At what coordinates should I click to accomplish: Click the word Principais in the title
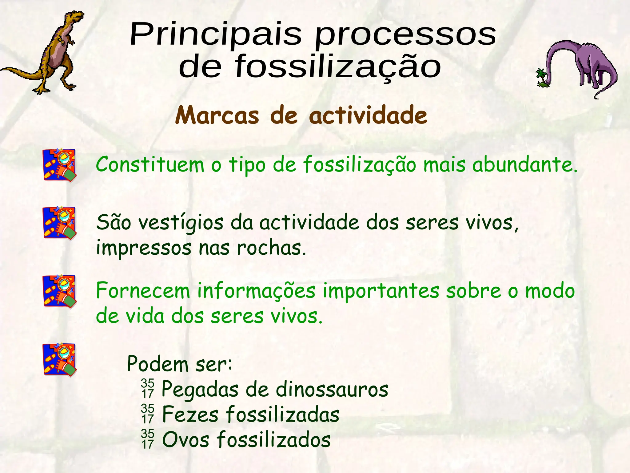tap(215, 34)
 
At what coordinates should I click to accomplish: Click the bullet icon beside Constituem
tap(59, 165)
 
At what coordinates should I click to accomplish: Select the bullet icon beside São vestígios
tap(59, 223)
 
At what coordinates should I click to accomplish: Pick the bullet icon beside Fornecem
tap(59, 291)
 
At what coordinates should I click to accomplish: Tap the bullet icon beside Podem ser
tap(59, 359)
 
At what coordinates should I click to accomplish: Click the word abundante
tap(524, 165)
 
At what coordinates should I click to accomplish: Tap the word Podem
tap(157, 364)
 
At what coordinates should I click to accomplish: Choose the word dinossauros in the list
tap(332, 390)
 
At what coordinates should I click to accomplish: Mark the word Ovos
tap(185, 440)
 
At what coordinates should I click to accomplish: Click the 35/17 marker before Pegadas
tap(148, 389)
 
